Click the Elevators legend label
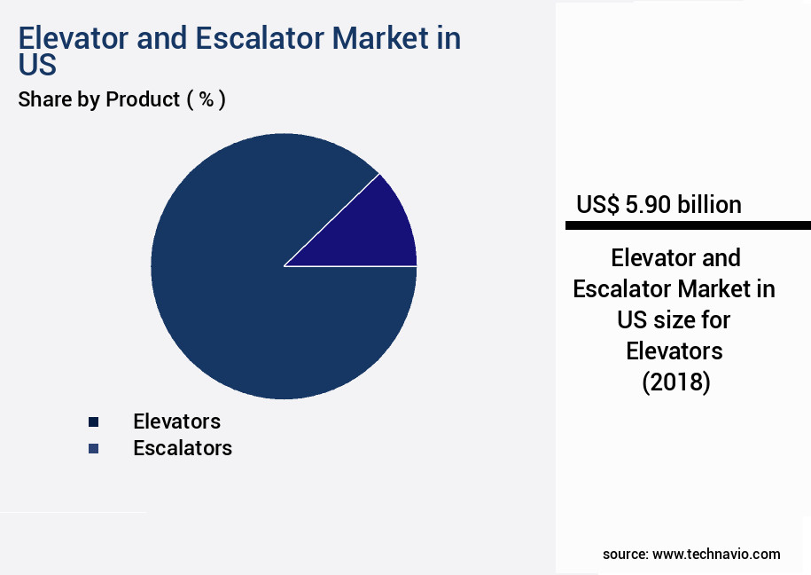point(176,421)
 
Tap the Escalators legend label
point(182,448)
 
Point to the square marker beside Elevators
point(93,421)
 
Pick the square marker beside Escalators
point(93,449)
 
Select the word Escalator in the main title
point(274,39)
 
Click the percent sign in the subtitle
point(206,99)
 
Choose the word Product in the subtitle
point(143,99)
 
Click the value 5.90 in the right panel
point(649,205)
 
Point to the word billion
point(709,205)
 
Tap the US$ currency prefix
point(597,205)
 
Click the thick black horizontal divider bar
point(688,226)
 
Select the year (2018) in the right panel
point(675,382)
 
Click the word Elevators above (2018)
point(675,351)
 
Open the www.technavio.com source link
point(716,554)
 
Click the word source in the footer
point(624,554)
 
